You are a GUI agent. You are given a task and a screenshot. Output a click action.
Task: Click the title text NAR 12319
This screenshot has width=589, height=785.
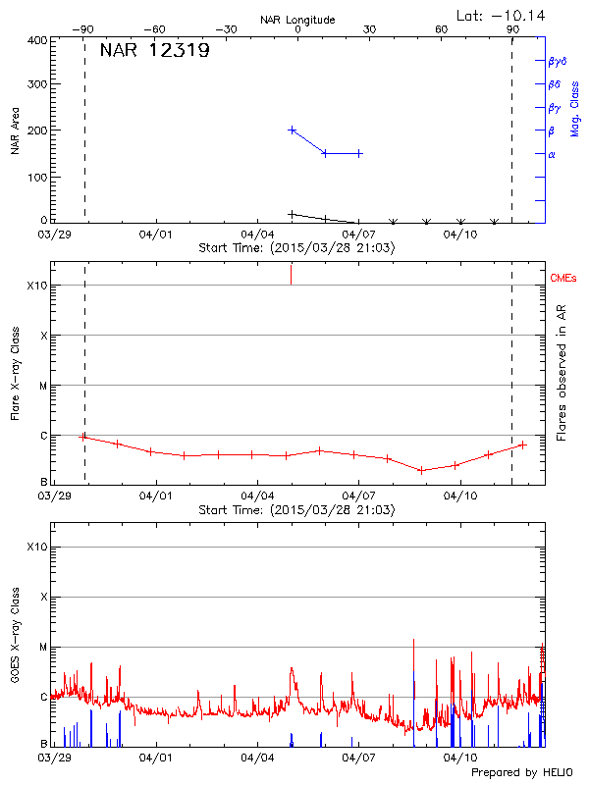coord(154,51)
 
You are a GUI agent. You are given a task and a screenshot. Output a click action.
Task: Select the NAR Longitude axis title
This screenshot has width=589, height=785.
coord(297,19)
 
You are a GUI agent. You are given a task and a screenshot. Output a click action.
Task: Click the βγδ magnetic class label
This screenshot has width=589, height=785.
coord(558,61)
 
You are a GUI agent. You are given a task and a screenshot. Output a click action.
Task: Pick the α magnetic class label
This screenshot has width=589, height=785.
coord(552,154)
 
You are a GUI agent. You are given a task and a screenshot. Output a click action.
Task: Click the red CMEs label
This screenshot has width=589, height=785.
coord(564,279)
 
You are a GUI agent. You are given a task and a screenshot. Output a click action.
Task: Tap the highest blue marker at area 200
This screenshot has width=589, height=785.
coord(292,130)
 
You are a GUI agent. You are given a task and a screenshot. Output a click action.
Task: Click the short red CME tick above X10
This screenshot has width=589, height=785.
coord(291,274)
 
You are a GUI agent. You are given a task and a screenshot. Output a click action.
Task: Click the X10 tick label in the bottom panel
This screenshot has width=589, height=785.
coord(36,546)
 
